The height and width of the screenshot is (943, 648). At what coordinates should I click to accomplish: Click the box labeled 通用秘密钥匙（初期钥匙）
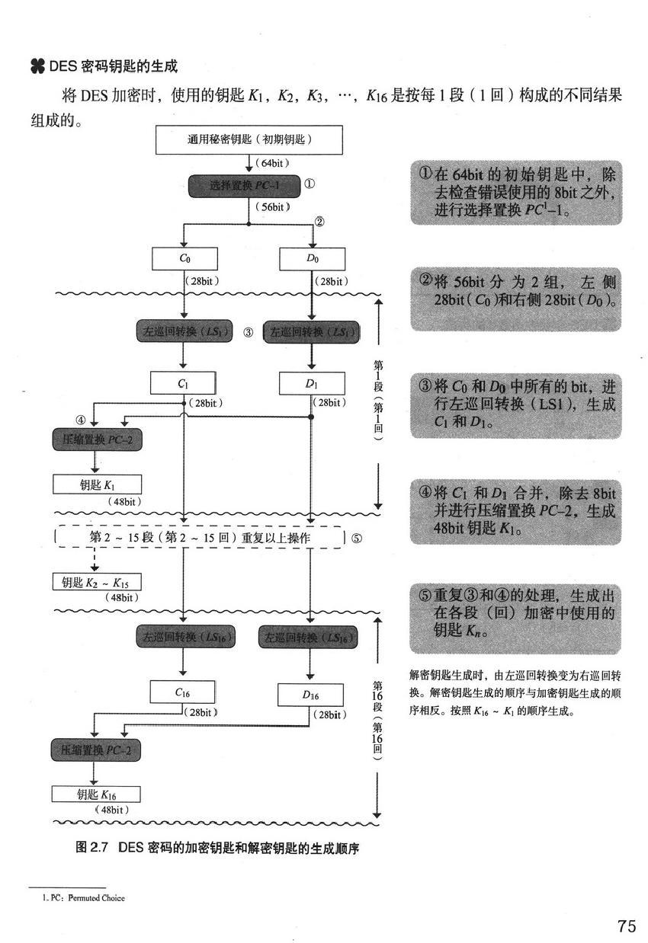(x=249, y=140)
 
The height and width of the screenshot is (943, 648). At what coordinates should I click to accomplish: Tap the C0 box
(x=184, y=259)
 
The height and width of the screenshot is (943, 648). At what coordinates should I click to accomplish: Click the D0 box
(x=312, y=259)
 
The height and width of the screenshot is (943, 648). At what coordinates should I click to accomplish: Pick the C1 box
(x=183, y=384)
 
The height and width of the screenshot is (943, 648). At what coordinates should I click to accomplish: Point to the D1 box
(x=311, y=384)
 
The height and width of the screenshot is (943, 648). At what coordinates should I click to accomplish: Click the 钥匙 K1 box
(x=97, y=484)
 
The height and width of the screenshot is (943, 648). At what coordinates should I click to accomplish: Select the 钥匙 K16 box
(x=96, y=794)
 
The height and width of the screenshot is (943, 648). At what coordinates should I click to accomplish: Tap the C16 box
(x=183, y=692)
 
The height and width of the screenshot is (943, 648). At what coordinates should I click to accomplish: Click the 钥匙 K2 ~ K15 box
(x=96, y=583)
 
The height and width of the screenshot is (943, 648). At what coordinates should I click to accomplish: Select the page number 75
(x=627, y=925)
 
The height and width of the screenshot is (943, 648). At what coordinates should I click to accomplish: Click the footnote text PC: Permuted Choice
(x=83, y=898)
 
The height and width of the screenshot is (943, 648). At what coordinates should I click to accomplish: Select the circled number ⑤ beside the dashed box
(x=357, y=538)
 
